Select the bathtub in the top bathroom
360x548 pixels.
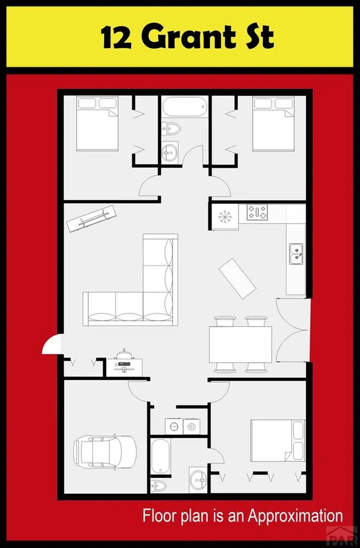pyautogui.click(x=185, y=106)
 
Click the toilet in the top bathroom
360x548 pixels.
pyautogui.click(x=171, y=129)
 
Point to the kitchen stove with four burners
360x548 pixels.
pyautogui.click(x=257, y=212)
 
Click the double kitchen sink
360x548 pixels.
pyautogui.click(x=295, y=254)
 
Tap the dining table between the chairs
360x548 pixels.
pyautogui.click(x=240, y=345)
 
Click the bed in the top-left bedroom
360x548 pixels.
pyautogui.click(x=97, y=123)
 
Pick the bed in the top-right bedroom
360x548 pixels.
pyautogui.click(x=273, y=123)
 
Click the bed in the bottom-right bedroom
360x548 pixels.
pyautogui.click(x=277, y=440)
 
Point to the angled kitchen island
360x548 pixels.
pyautogui.click(x=238, y=278)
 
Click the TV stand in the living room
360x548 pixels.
pyautogui.click(x=91, y=218)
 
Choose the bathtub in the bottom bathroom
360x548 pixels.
pyautogui.click(x=160, y=456)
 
